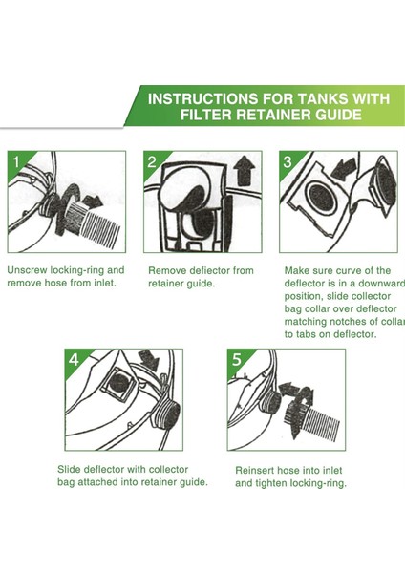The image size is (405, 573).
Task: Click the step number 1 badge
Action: [15, 161]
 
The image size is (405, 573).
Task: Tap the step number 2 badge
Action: [151, 161]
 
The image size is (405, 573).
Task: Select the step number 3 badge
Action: [288, 161]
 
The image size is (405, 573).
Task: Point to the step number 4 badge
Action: [74, 360]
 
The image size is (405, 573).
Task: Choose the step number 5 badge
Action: [236, 360]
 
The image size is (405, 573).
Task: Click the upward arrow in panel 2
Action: [245, 171]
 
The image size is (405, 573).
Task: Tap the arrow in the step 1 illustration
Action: [93, 201]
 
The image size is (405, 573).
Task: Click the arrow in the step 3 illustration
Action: [344, 167]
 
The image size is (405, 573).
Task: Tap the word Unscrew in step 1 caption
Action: [27, 270]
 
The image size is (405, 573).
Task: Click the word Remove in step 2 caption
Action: [165, 271]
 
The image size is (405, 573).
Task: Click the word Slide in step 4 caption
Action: [69, 469]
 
